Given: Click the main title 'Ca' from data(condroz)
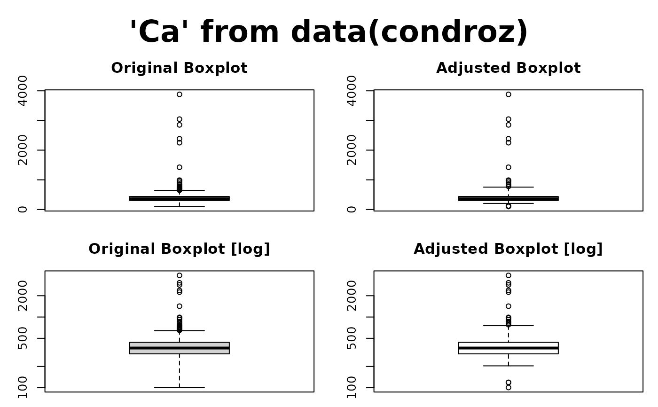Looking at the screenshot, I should tap(329, 32).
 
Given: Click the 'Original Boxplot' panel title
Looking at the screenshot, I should tap(179, 68).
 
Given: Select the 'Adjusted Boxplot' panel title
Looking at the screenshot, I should tap(508, 68).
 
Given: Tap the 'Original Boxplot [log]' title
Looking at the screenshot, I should tap(179, 249).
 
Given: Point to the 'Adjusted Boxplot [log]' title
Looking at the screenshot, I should tap(508, 249).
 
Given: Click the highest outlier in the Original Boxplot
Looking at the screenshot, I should tap(180, 94).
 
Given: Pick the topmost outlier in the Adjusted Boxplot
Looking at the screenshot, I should tap(509, 94).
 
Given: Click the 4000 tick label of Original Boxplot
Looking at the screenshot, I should tap(23, 90).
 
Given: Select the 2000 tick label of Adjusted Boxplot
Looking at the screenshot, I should tap(352, 150).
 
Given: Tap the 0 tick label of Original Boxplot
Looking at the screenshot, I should tap(23, 209).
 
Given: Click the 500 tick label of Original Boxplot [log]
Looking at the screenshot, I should tap(23, 338).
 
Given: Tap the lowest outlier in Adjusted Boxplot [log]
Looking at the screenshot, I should tap(509, 387).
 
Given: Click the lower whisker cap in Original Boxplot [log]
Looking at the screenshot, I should tap(180, 387).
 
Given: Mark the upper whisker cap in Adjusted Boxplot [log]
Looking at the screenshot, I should tap(509, 326).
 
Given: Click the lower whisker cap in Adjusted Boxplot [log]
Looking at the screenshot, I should tap(509, 366).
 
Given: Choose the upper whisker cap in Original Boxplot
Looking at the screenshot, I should tap(180, 190).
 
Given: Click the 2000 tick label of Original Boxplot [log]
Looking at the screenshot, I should tap(23, 296).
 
